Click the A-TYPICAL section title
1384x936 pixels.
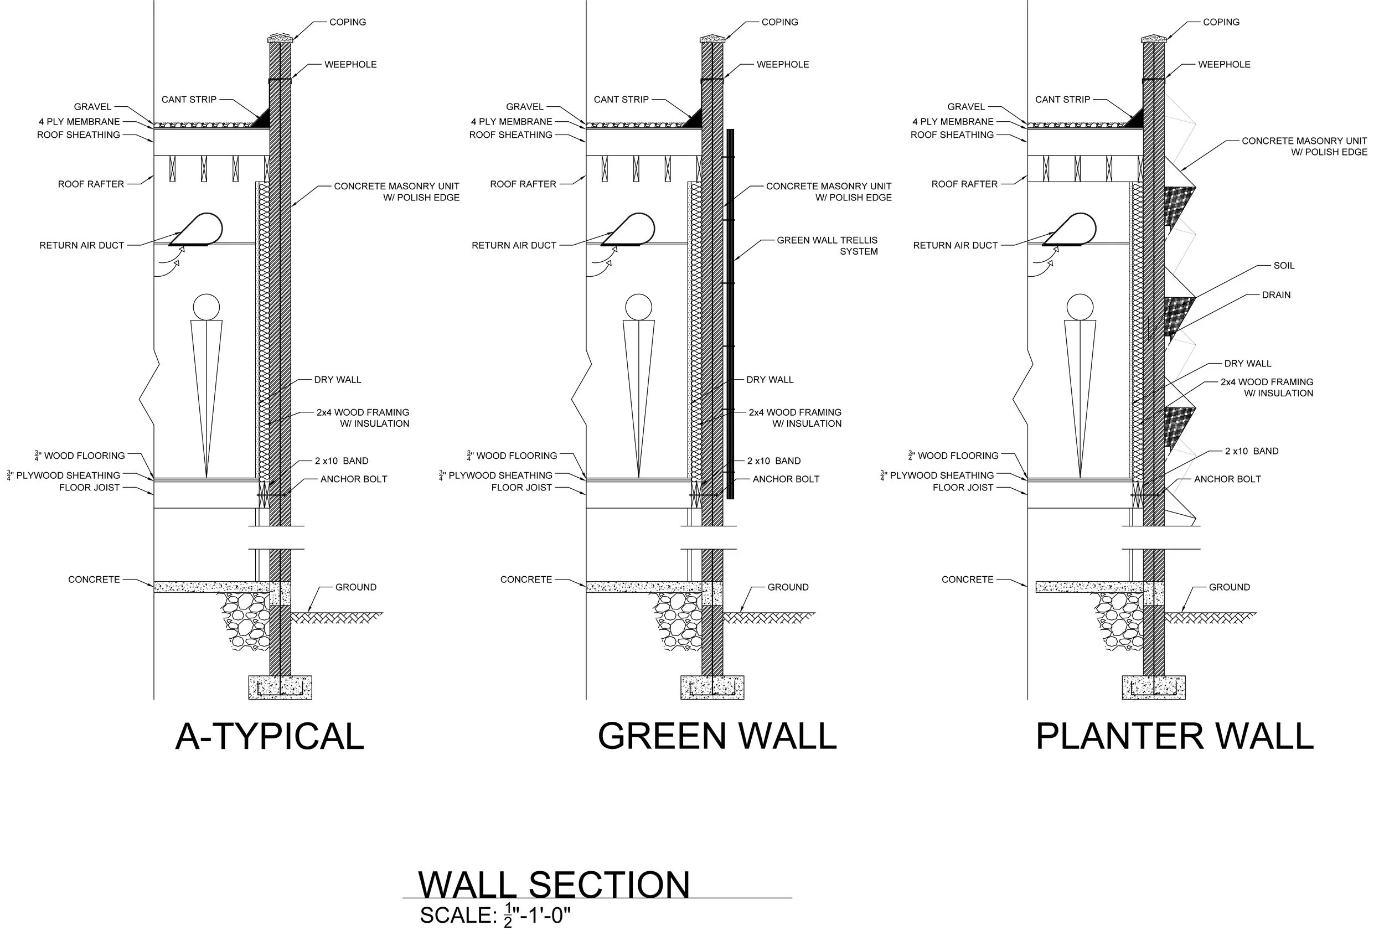coord(269,737)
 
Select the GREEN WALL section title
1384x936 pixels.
coord(717,737)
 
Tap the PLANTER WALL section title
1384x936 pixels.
coord(1174,737)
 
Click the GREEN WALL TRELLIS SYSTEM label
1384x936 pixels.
coord(827,245)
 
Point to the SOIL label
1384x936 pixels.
coord(1283,266)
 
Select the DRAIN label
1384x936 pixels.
coord(1275,294)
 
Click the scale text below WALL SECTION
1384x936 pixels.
coord(495,915)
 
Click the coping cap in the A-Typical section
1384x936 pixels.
coord(280,39)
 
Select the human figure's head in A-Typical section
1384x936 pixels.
coord(206,307)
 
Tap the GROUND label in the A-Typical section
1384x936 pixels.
coord(355,587)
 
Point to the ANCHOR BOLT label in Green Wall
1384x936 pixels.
coord(786,479)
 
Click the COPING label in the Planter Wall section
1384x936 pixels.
coord(1221,22)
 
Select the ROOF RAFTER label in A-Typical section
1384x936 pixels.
coord(91,184)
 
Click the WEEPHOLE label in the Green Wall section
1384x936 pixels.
coord(783,64)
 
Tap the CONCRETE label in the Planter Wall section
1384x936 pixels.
coord(967,580)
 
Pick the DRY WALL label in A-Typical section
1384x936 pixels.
coord(337,379)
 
